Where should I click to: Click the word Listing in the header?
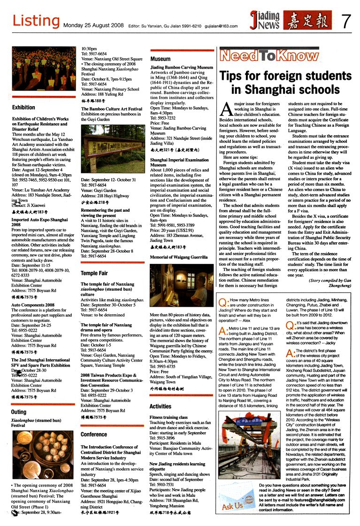(36, 21)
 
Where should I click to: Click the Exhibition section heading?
(24, 108)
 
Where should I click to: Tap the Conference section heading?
(94, 434)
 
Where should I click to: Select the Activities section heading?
(161, 406)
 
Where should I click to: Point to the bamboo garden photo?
(113, 148)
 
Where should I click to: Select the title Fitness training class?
(169, 417)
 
